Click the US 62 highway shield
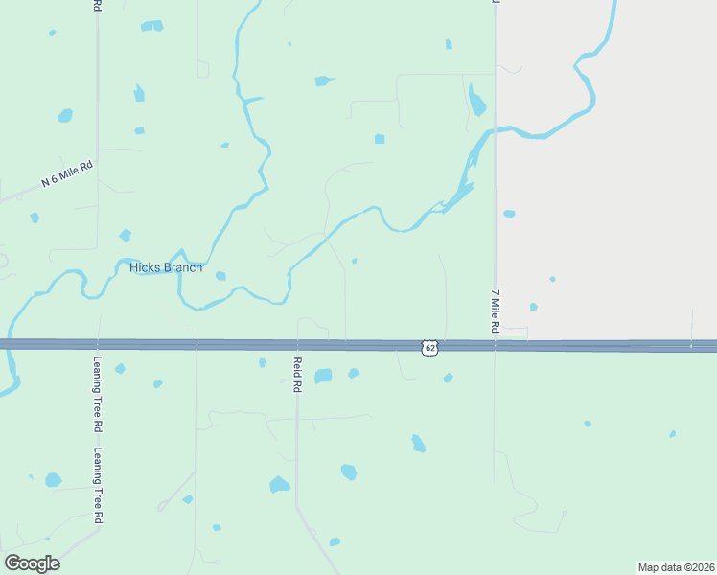(430, 347)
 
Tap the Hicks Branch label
(166, 267)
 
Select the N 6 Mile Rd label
(67, 174)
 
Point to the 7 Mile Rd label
(496, 310)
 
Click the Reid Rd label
(297, 375)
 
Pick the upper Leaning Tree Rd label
(97, 381)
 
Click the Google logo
(32, 563)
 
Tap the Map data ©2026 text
(676, 566)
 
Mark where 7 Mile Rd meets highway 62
(495, 345)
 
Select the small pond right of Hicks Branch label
(220, 276)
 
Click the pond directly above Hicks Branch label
(125, 235)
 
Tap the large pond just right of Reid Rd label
(323, 376)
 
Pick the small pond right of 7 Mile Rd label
(533, 307)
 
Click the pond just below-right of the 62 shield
(448, 378)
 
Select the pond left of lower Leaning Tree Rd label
(53, 479)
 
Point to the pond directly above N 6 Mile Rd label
(64, 116)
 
